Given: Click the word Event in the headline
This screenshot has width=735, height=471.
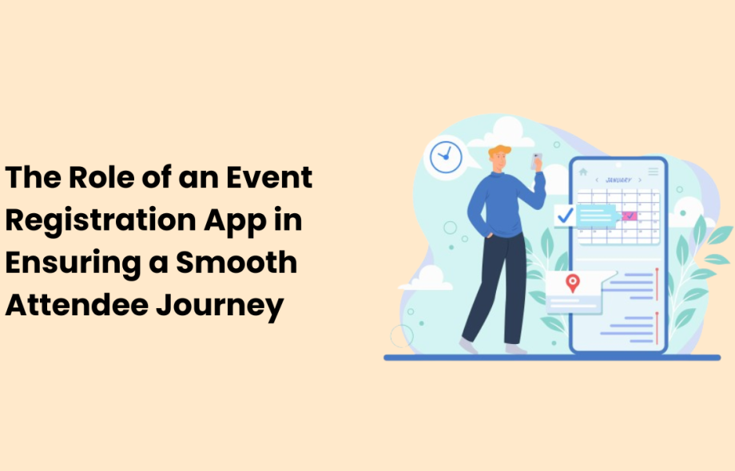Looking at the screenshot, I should click(272, 178).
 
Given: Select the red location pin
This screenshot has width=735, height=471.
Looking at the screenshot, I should click(572, 283).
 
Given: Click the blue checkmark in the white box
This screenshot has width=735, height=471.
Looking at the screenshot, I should click(566, 216).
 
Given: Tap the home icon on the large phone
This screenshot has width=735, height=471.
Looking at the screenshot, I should click(583, 172).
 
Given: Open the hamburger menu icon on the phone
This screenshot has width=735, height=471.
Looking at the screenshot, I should click(654, 172).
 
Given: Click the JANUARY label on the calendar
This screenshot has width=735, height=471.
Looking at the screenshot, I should click(619, 180).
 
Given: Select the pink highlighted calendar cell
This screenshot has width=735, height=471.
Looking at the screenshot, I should click(630, 216).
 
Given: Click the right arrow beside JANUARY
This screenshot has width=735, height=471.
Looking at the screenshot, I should click(639, 180).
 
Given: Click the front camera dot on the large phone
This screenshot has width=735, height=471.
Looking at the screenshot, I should click(618, 165).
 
